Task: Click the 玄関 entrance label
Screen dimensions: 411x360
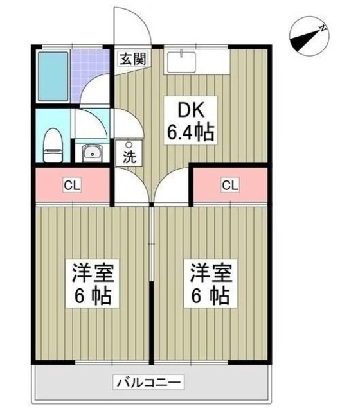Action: coord(132,58)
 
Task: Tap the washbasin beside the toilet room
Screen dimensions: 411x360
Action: coord(92,153)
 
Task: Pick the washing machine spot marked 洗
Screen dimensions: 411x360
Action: coord(129,153)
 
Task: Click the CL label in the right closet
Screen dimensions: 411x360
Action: coord(230,186)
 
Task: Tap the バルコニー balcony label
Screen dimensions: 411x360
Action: coord(150,382)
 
